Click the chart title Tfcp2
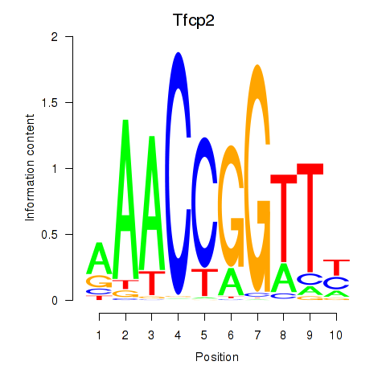194,21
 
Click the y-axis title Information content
30,168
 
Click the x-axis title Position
217,357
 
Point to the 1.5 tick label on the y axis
50,103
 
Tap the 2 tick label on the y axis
55,37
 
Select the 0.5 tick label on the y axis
50,235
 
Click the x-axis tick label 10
336,335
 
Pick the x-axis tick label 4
178,335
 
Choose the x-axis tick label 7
257,335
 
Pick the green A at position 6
231,281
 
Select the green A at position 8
284,278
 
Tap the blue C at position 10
336,283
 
